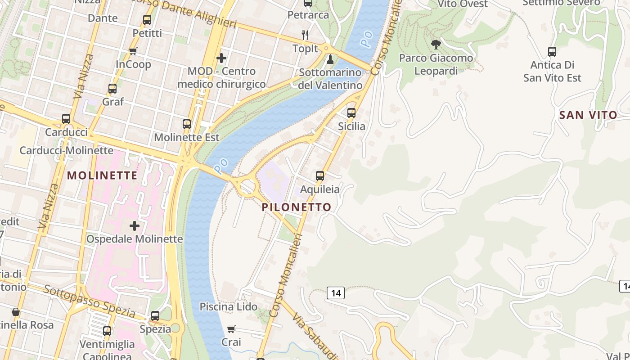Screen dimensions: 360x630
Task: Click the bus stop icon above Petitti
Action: pos(147,20)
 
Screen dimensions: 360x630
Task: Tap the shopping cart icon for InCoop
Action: pos(133,51)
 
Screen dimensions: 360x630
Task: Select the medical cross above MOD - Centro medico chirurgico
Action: pos(221,58)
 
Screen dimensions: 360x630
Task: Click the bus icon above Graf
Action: pos(112,89)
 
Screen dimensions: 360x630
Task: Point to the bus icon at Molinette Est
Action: pos(187,124)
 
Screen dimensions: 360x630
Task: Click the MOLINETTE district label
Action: pos(102,176)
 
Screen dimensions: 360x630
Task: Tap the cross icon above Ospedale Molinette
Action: pos(134,225)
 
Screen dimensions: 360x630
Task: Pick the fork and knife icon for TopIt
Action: pos(305,35)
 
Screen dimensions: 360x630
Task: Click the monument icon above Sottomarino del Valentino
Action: pos(330,59)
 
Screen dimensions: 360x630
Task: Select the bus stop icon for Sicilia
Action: pos(351,112)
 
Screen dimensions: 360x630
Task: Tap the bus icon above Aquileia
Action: pos(320,175)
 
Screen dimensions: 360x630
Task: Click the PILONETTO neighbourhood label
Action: pos(297,207)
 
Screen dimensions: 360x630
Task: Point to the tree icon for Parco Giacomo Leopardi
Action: pos(436,45)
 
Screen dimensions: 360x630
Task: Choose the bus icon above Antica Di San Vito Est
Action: pos(552,51)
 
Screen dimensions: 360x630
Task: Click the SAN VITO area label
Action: pos(588,115)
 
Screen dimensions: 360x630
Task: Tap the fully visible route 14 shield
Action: pos(336,293)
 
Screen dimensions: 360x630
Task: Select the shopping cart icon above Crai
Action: pos(231,329)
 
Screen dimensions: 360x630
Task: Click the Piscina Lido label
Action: pos(229,307)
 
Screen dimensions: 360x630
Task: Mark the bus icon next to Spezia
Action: pos(155,315)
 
